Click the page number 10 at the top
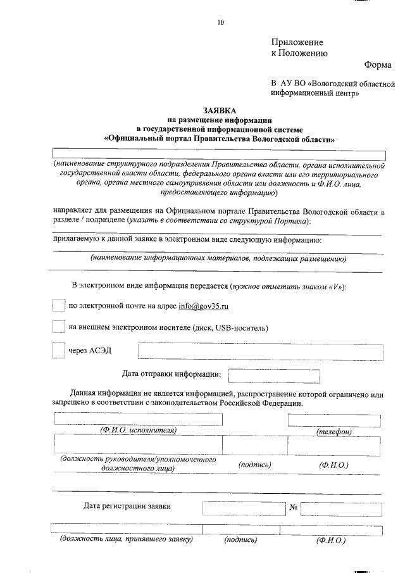coord(220,23)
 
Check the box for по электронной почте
coord(58,306)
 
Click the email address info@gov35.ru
coord(203,306)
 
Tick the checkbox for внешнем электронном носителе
coord(58,327)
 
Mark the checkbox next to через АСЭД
coord(58,350)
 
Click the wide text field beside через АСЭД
coord(260,351)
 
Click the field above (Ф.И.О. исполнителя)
coord(139,419)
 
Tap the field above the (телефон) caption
coord(333,420)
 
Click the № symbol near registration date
coord(293,508)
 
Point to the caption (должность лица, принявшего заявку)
coord(126,540)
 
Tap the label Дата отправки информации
coord(171,374)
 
